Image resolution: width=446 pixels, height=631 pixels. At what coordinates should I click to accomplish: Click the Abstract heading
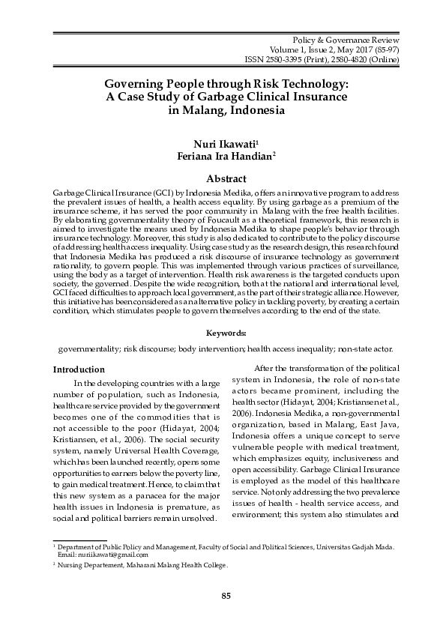[x=226, y=179]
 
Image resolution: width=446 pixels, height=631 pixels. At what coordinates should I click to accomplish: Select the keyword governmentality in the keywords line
[x=89, y=349]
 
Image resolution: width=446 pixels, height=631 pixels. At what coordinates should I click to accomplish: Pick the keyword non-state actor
[x=369, y=349]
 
